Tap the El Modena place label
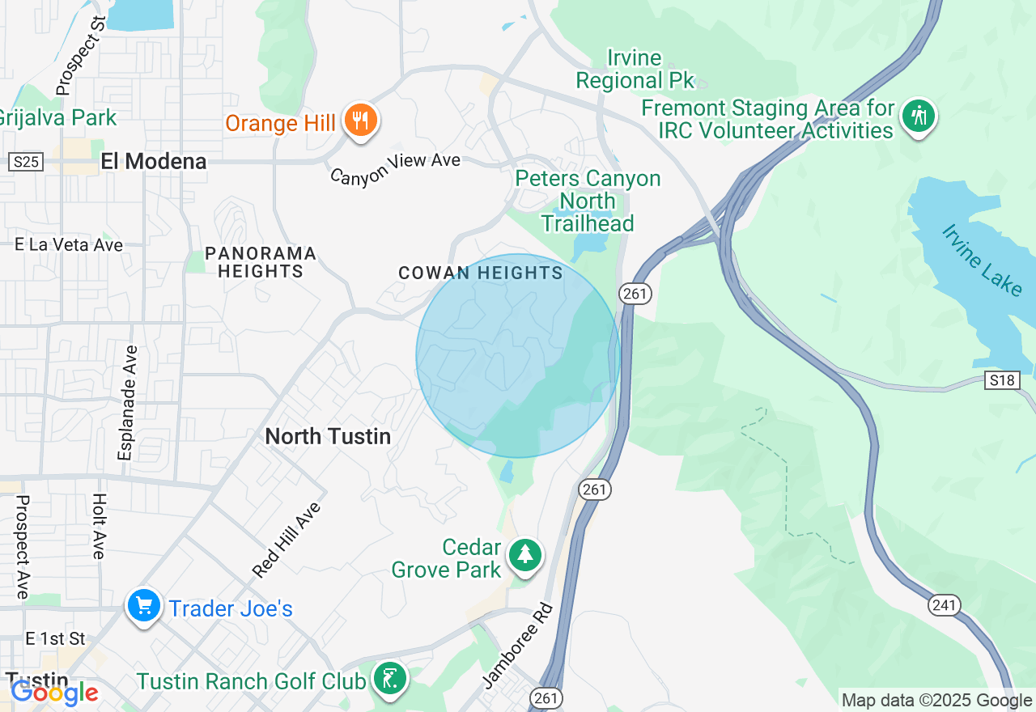click(154, 161)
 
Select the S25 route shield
click(26, 162)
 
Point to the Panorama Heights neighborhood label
click(260, 263)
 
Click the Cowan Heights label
click(481, 273)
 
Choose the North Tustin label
click(328, 437)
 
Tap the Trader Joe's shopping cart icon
click(144, 607)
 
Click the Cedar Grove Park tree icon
click(525, 556)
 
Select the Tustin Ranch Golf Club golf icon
click(390, 678)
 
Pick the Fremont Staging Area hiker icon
click(918, 117)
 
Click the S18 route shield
click(1001, 380)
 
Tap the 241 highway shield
click(944, 604)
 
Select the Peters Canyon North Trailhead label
click(588, 201)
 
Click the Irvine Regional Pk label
click(635, 70)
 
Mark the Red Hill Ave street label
click(287, 540)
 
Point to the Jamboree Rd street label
click(517, 646)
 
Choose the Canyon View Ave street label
click(396, 167)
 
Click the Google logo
click(54, 693)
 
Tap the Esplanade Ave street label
click(128, 403)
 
